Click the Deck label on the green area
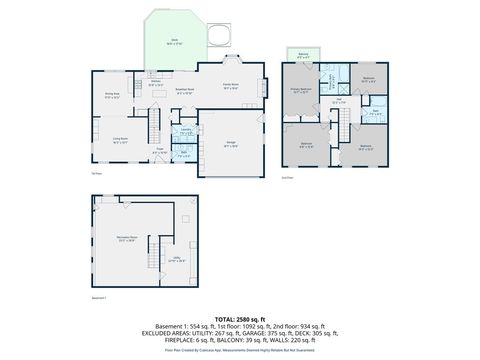point(174,43)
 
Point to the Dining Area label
point(112,96)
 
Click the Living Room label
point(121,141)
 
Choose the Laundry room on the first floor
point(187,131)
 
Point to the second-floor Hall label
point(339,100)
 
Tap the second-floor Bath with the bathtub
point(374,113)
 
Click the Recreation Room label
point(126,239)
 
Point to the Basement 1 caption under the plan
point(99,298)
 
